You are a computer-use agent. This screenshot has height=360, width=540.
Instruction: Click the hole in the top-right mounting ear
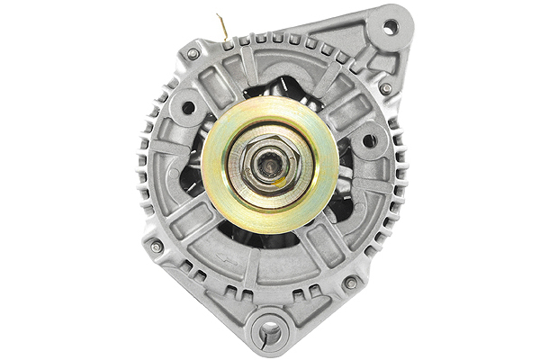coord(390,27)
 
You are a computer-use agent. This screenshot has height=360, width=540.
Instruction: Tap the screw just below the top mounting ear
coord(385,88)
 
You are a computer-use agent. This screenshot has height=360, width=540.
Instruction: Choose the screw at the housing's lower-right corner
coord(351,283)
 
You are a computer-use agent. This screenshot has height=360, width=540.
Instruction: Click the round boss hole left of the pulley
coord(188,108)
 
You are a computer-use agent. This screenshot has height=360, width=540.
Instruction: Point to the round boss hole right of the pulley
coord(368,141)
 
